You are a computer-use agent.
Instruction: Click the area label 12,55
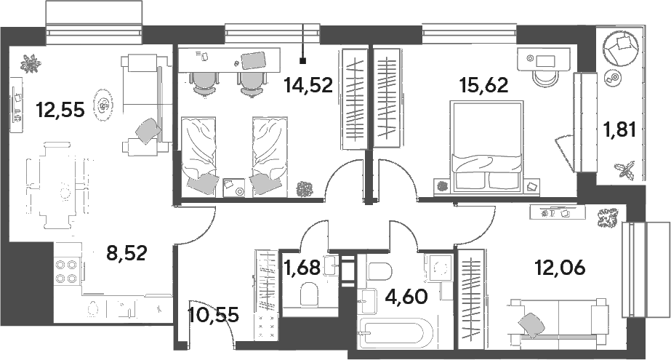click(x=60, y=110)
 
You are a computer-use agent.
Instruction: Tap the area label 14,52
click(x=308, y=85)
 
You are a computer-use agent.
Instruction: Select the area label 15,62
click(x=483, y=85)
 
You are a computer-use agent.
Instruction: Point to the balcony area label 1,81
click(x=619, y=129)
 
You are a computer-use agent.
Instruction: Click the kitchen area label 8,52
click(x=126, y=252)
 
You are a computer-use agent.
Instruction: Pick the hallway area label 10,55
click(x=213, y=316)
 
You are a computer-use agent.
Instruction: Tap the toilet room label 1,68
click(x=302, y=268)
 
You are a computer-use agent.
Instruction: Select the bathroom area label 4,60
click(x=406, y=296)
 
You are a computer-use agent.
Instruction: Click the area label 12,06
click(x=560, y=268)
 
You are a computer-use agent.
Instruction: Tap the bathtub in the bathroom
click(x=396, y=333)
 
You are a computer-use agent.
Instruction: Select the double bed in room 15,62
click(x=486, y=145)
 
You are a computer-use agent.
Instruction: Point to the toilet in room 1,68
click(x=310, y=295)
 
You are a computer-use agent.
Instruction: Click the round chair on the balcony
click(x=621, y=48)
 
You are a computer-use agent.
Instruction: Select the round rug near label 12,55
click(x=103, y=105)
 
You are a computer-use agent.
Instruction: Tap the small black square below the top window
click(x=303, y=61)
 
